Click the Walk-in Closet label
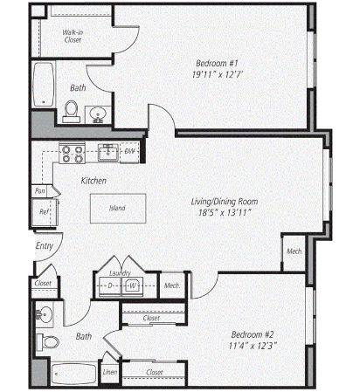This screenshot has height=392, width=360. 73,36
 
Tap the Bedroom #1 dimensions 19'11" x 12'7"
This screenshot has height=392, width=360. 218,75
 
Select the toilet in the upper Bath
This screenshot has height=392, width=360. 72,112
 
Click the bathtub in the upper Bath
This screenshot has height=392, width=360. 44,85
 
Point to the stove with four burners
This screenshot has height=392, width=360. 73,153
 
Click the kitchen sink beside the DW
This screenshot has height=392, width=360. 108,152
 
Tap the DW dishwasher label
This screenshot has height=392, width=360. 129,152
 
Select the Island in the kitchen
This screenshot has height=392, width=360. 118,209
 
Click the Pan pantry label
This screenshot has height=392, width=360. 40,191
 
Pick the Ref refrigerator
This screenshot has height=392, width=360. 45,212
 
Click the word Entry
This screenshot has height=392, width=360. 45,246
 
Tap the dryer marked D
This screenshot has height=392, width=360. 110,286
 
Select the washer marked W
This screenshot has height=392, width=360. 133,286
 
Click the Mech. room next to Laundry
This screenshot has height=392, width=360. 172,285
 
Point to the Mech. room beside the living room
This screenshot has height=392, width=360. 294,251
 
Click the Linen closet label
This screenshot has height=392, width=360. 110,372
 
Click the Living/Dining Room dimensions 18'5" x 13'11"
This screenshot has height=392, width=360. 225,213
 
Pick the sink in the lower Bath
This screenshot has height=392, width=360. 45,314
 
